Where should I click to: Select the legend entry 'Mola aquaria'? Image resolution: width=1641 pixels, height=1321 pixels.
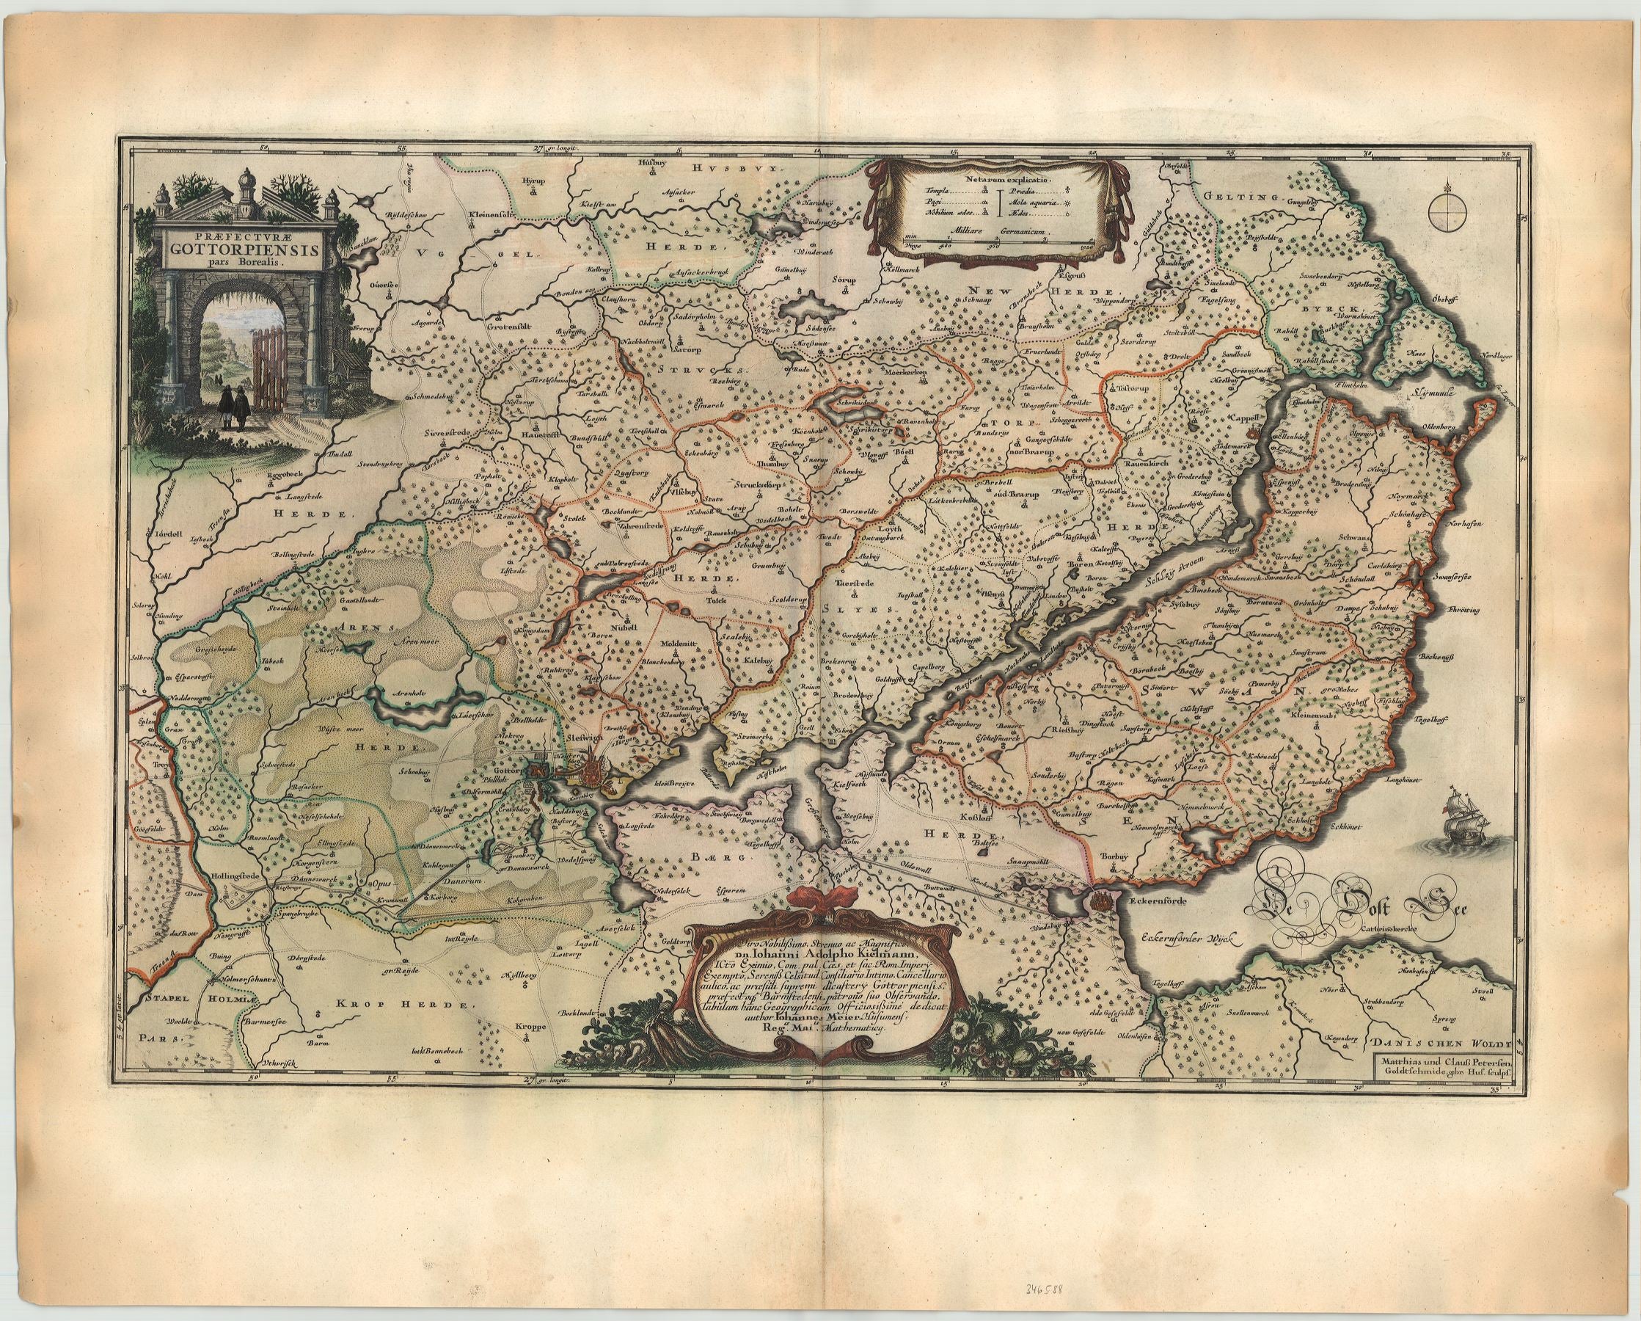[x=1034, y=204]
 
